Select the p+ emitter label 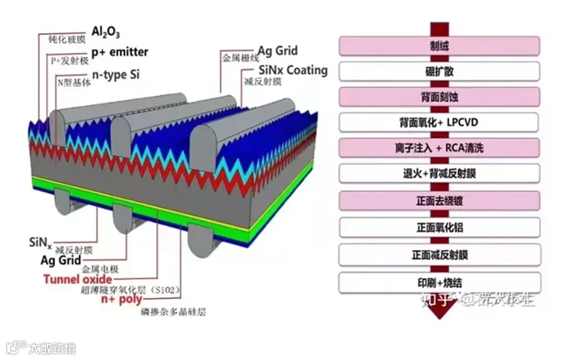[x=119, y=52]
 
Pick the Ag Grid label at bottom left [x=59, y=260]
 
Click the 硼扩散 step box [x=440, y=70]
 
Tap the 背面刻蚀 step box [x=440, y=96]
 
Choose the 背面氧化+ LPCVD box [x=440, y=122]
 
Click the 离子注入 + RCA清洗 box [x=440, y=147]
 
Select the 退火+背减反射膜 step [x=440, y=173]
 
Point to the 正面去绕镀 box [x=440, y=199]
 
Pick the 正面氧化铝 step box [x=440, y=225]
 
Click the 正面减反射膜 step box [x=440, y=252]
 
